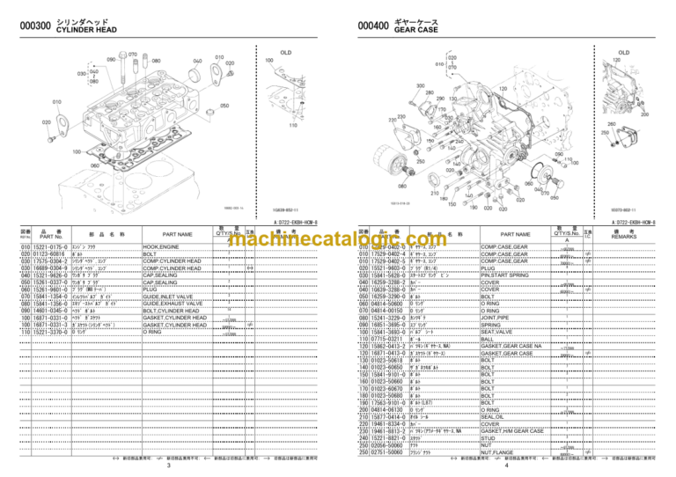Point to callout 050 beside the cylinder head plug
click(224, 106)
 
